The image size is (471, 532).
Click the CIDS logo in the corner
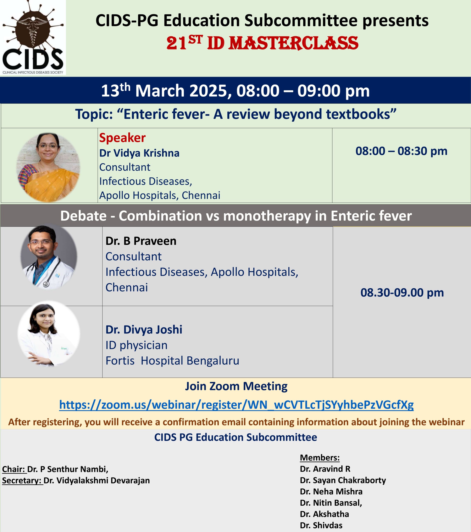pyautogui.click(x=33, y=37)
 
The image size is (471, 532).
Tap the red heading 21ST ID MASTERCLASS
pyautogui.click(x=262, y=43)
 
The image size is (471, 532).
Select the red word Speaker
pyautogui.click(x=122, y=138)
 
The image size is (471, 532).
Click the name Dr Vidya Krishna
pyautogui.click(x=139, y=153)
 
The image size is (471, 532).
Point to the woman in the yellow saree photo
pyautogui.click(x=48, y=167)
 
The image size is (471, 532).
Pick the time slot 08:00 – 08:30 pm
pyautogui.click(x=401, y=151)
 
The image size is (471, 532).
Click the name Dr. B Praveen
pyautogui.click(x=141, y=241)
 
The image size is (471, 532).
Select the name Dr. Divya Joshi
pyautogui.click(x=144, y=330)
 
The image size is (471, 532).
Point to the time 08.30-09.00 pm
pyautogui.click(x=402, y=293)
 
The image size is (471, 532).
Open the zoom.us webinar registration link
pyautogui.click(x=236, y=405)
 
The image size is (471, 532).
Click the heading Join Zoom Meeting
pyautogui.click(x=236, y=386)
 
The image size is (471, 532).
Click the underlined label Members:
pyautogui.click(x=320, y=458)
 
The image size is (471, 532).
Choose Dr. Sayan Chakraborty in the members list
pyautogui.click(x=343, y=480)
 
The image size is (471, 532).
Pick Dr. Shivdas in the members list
pyautogui.click(x=321, y=525)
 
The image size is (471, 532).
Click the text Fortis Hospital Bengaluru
pyautogui.click(x=172, y=361)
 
